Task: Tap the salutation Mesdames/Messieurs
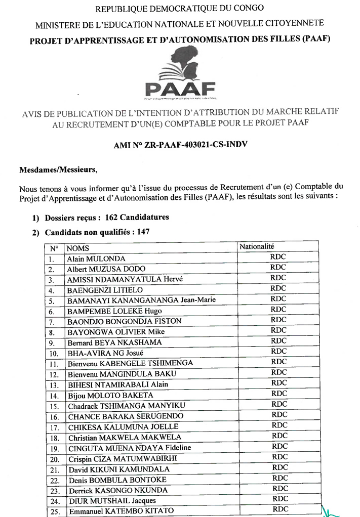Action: pos(54,169)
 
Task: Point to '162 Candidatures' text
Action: pos(137,218)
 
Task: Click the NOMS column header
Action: pos(78,248)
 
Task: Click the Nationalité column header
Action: pos(257,246)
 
